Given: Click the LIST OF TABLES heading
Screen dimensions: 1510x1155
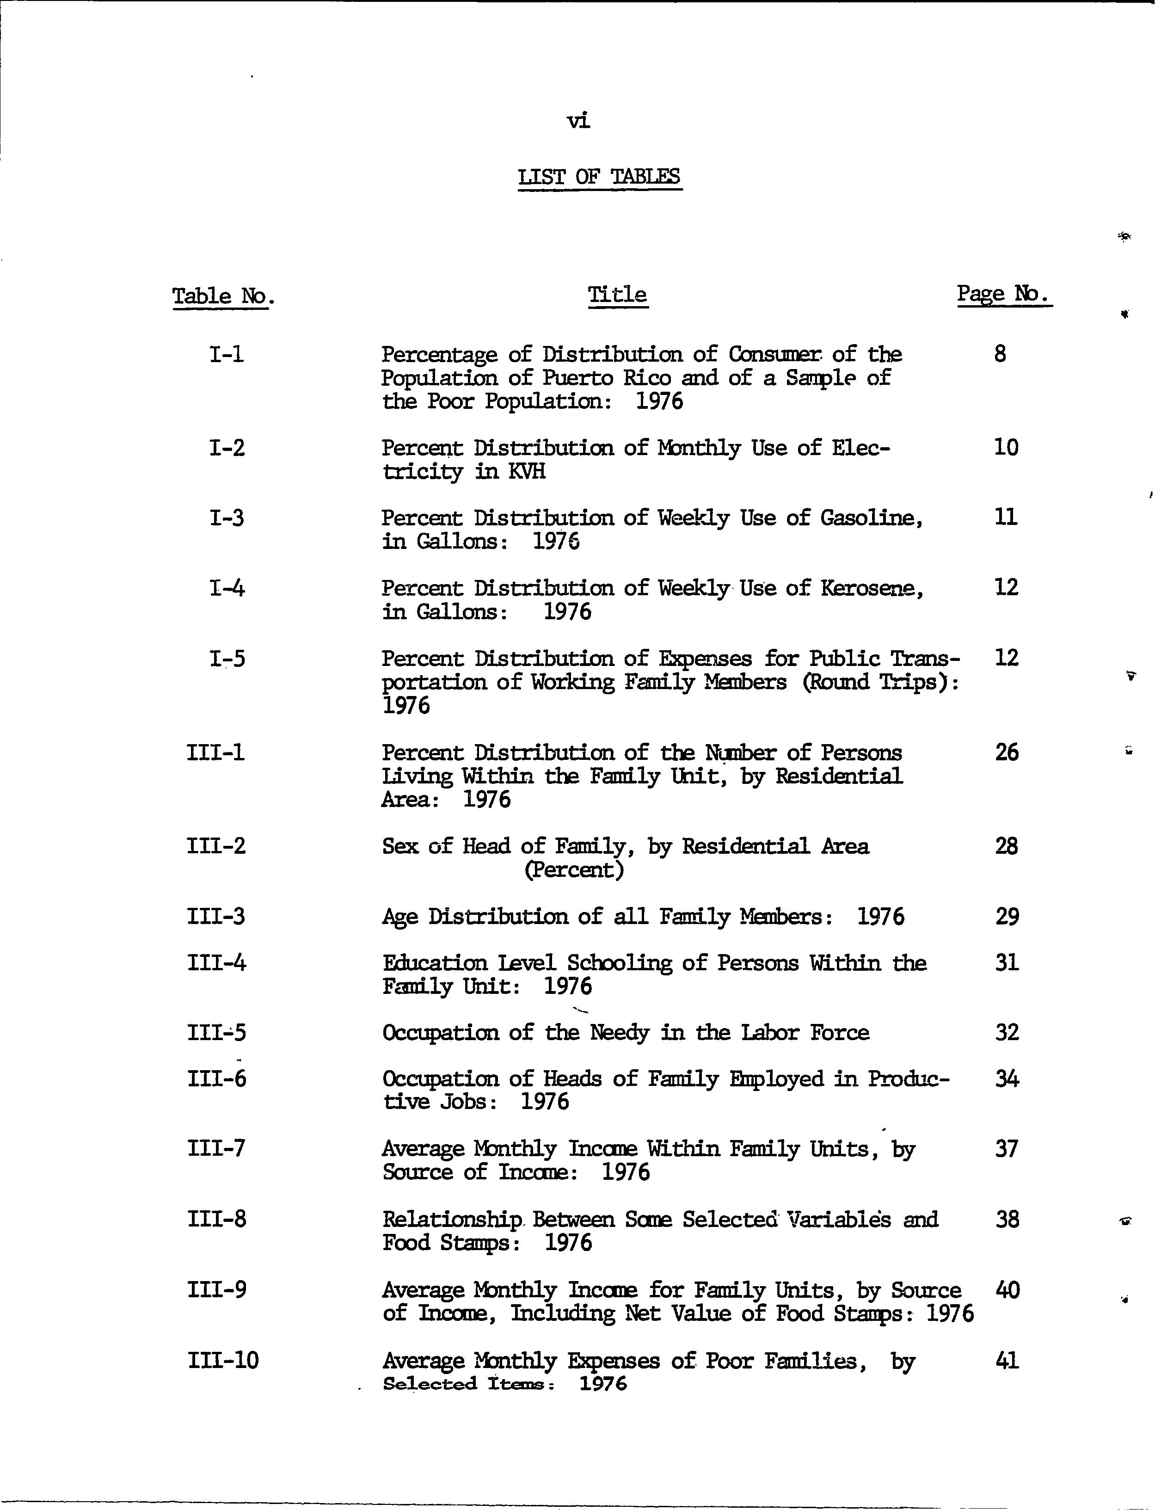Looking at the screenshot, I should click(600, 177).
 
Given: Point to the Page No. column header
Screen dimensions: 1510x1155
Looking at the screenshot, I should click(1004, 294).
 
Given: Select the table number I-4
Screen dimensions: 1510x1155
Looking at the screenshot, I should click(227, 588).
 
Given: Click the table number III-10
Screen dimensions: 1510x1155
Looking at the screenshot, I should click(223, 1360).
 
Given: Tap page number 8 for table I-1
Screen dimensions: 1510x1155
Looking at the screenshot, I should click(1000, 354).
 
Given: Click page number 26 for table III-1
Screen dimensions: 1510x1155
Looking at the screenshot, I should click(1007, 752).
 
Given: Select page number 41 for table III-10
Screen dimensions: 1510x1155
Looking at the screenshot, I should click(1007, 1360).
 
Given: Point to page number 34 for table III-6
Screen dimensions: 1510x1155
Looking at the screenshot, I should click(1007, 1078).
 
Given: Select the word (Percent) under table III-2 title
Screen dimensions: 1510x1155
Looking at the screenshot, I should click(574, 870).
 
